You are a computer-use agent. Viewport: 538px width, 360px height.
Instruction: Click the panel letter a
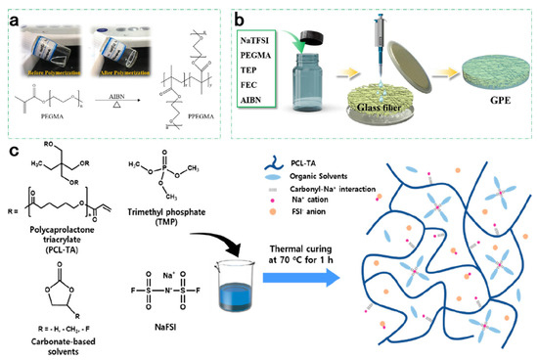coord(11,11)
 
